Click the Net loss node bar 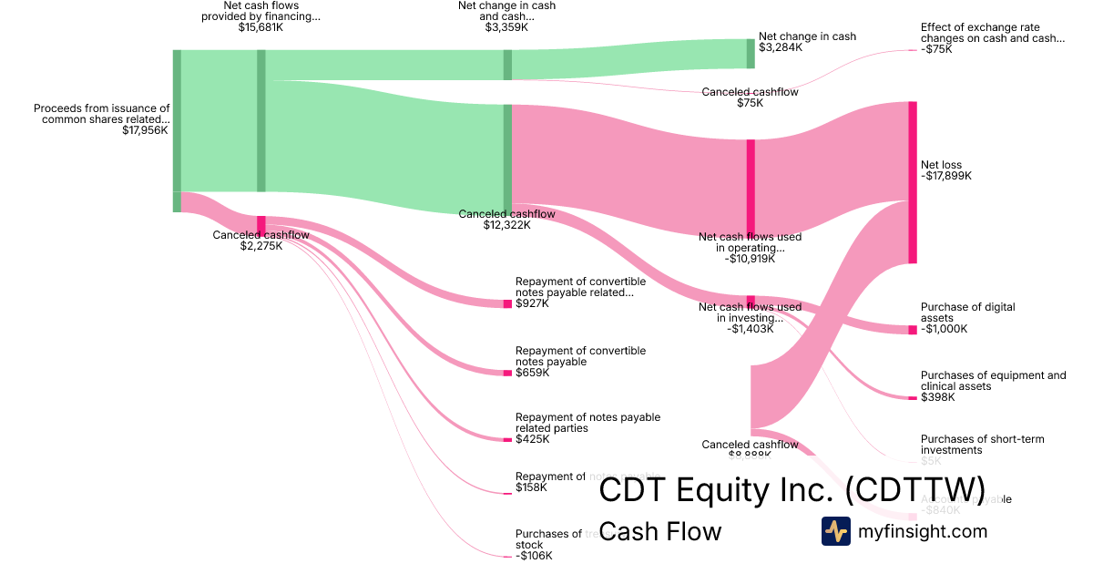[912, 182]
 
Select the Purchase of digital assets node [912, 330]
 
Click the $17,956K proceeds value [146, 130]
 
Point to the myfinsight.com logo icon [835, 531]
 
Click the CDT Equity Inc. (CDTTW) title [792, 489]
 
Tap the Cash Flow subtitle [660, 531]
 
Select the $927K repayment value [533, 303]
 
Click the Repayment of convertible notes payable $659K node [507, 373]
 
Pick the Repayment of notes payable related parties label [587, 423]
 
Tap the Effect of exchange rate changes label [992, 33]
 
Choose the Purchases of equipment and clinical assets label [993, 381]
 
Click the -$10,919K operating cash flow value [751, 259]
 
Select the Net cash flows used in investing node [751, 302]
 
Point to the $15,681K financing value [260, 27]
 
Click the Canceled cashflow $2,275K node [261, 225]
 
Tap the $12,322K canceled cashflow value [506, 225]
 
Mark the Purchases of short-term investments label [982, 445]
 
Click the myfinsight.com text [923, 531]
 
